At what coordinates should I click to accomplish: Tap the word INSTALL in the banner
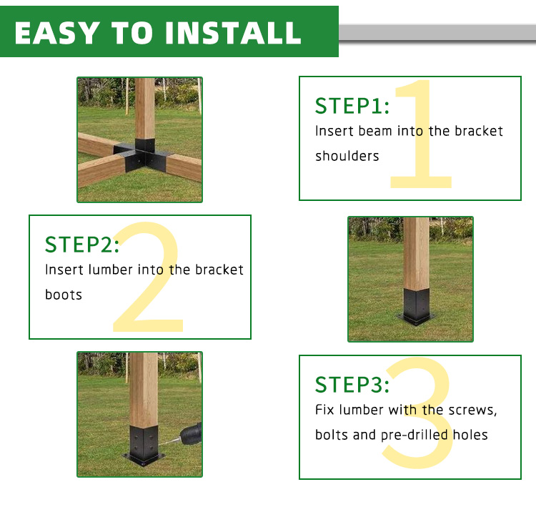pos(233,33)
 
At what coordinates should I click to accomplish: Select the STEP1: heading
pos(352,106)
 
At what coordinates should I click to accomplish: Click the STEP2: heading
pos(82,244)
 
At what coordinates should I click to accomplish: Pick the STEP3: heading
pos(352,385)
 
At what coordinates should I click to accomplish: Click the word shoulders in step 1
pos(347,156)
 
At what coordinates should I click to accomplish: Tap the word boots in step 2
pos(64,295)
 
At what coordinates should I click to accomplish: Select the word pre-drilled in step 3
pos(414,435)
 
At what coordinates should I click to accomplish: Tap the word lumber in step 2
pos(110,270)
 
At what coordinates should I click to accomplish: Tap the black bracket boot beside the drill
pos(144,445)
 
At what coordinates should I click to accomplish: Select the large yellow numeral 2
pos(148,277)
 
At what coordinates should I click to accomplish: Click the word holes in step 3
pos(470,435)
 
